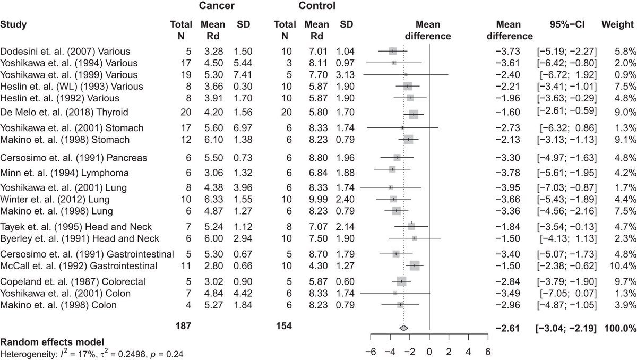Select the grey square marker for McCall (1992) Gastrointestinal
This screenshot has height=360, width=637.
414,265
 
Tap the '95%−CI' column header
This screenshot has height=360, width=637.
567,24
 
